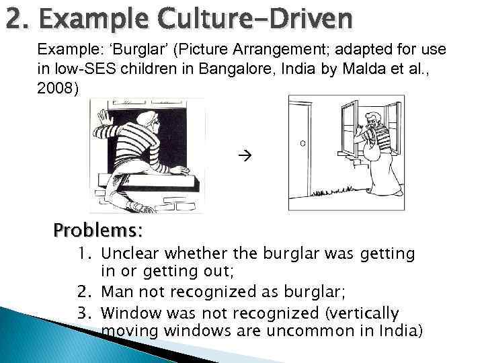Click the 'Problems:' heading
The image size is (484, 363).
tap(98, 231)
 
